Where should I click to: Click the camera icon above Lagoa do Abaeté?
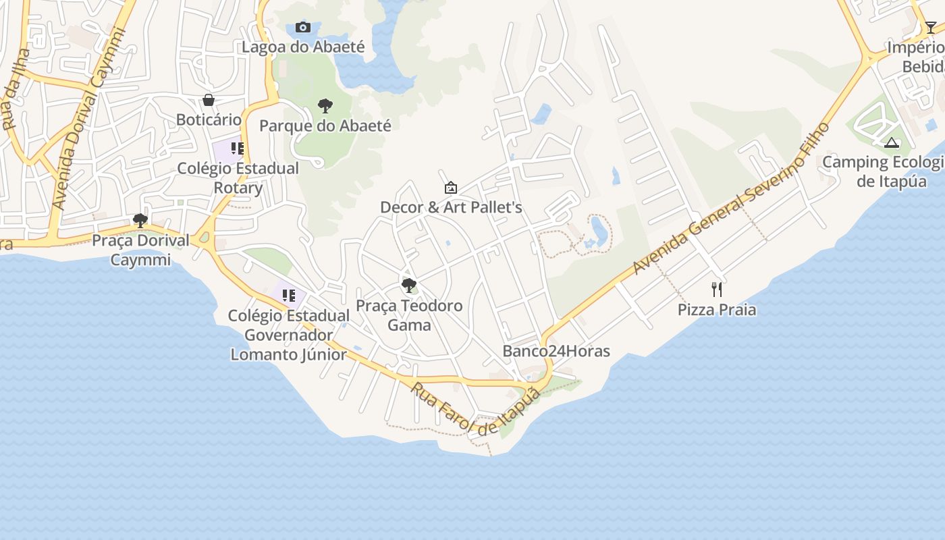click(303, 28)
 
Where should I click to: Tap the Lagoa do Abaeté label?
click(303, 47)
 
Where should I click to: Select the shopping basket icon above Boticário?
click(209, 101)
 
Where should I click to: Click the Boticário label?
click(209, 119)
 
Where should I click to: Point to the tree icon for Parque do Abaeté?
click(325, 106)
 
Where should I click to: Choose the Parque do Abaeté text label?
click(325, 126)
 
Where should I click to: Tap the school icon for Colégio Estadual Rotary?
click(237, 148)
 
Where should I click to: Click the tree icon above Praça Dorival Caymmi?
click(140, 221)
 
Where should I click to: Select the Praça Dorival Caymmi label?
click(140, 250)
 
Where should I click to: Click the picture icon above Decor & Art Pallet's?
click(451, 188)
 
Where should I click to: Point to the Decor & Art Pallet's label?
click(451, 207)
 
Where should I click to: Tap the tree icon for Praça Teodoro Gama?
click(409, 286)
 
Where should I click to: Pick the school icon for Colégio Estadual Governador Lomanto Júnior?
click(289, 296)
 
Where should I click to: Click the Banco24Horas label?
click(556, 351)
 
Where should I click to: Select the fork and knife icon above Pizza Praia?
click(717, 290)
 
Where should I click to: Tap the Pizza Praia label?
click(717, 310)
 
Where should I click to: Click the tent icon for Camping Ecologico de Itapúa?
click(892, 142)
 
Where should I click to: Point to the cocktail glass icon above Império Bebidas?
click(931, 28)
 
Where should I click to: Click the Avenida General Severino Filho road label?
click(730, 198)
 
